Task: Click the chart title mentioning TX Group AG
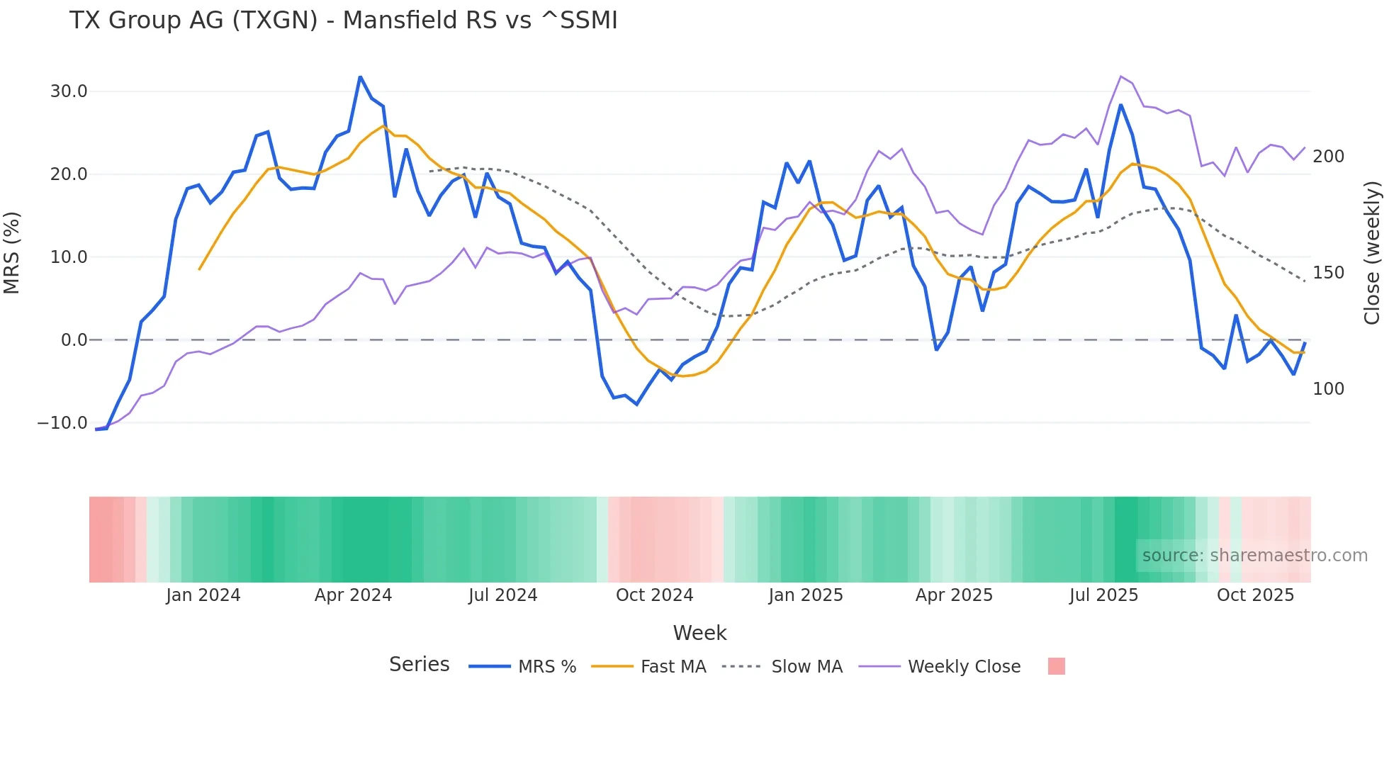343,21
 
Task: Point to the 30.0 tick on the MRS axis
69,91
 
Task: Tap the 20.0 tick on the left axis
69,174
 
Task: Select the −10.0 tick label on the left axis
62,423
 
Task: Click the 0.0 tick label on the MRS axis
74,340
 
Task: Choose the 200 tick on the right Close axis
1328,157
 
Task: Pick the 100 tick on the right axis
1328,389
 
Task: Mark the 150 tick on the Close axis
1328,273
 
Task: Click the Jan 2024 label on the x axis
203,595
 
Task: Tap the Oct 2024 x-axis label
654,595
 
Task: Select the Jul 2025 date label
1103,595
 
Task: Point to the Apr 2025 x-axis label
954,595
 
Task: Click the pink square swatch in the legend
1056,666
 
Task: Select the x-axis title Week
699,633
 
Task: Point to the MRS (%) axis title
12,253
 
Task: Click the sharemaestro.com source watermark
1254,556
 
